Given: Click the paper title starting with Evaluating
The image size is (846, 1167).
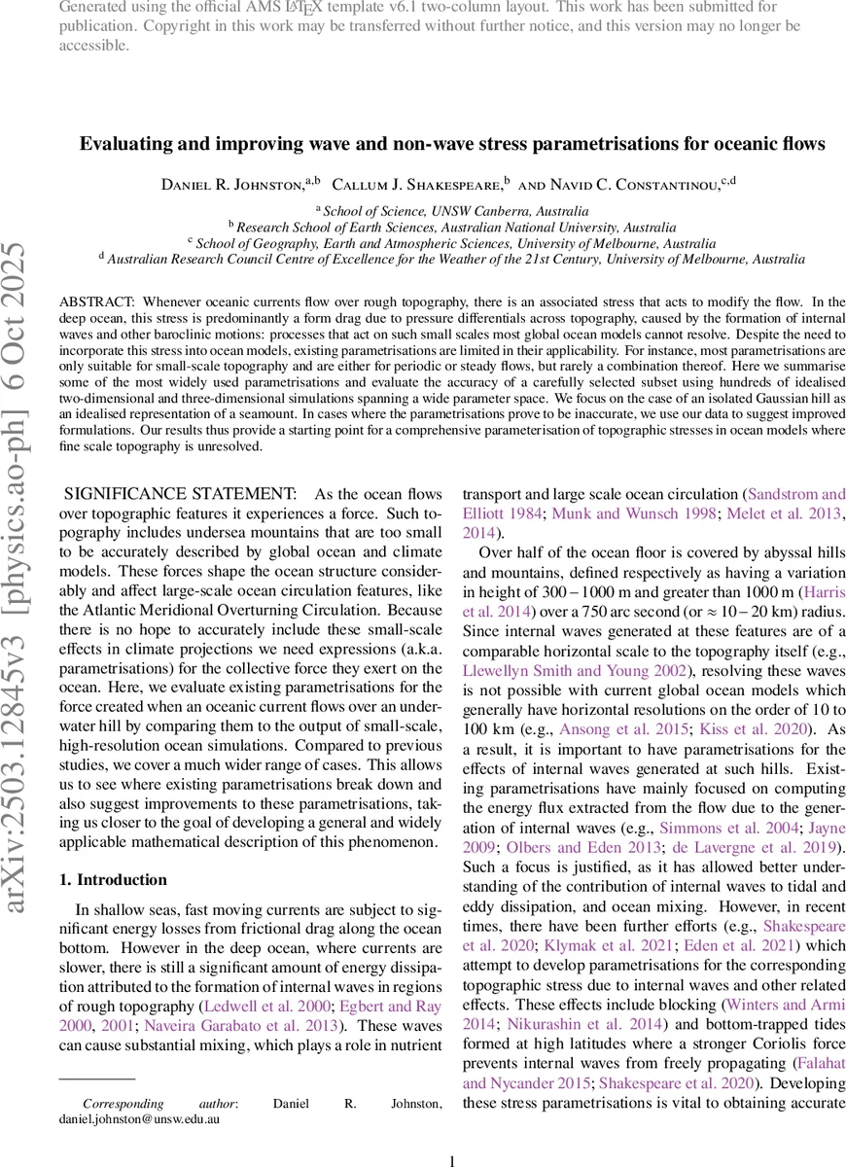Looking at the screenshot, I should [x=452, y=144].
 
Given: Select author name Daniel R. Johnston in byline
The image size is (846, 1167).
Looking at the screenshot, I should [x=231, y=184].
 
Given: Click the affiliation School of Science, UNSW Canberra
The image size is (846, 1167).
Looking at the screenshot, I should [x=455, y=210].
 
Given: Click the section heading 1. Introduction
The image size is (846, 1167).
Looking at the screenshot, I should [x=113, y=879].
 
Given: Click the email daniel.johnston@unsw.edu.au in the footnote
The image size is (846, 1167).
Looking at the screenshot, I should [x=139, y=1119].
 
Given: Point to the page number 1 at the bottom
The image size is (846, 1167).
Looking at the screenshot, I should [x=452, y=1160].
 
